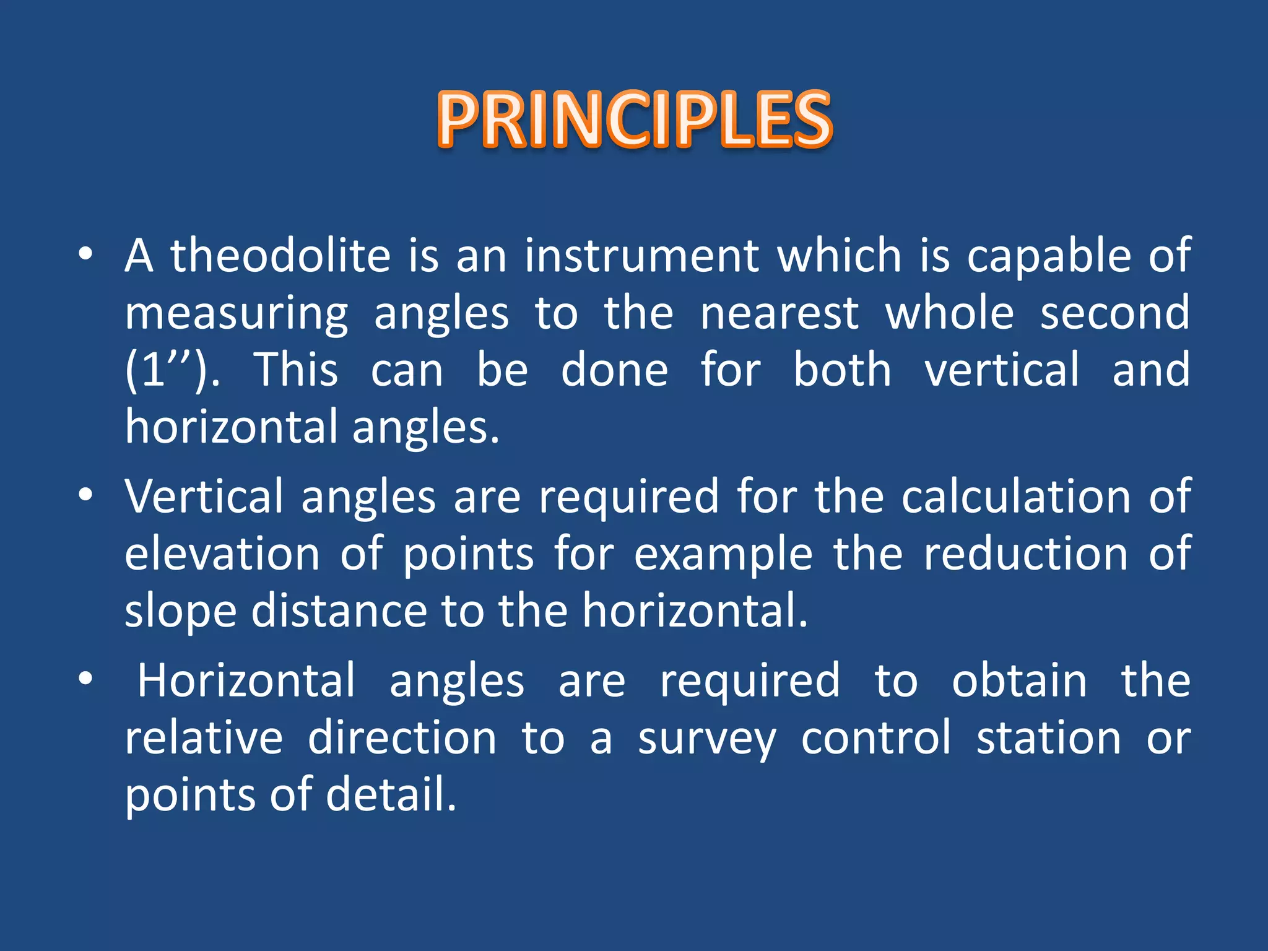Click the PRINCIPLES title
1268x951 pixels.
click(x=635, y=119)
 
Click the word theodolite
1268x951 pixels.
click(x=280, y=255)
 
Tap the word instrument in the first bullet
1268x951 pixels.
click(x=642, y=255)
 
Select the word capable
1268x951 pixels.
click(x=1049, y=255)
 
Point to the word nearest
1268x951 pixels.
click(x=779, y=313)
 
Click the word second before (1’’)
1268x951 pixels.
click(x=1114, y=313)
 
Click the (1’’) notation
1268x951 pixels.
click(x=172, y=370)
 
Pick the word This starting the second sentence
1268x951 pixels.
click(x=297, y=370)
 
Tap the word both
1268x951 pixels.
click(x=842, y=370)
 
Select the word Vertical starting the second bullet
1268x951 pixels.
click(x=204, y=497)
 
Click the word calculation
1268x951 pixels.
click(x=1016, y=497)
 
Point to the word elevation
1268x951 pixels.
click(x=222, y=554)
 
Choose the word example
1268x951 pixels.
click(x=723, y=554)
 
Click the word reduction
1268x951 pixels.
click(x=1026, y=554)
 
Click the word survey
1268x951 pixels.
click(x=706, y=739)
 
